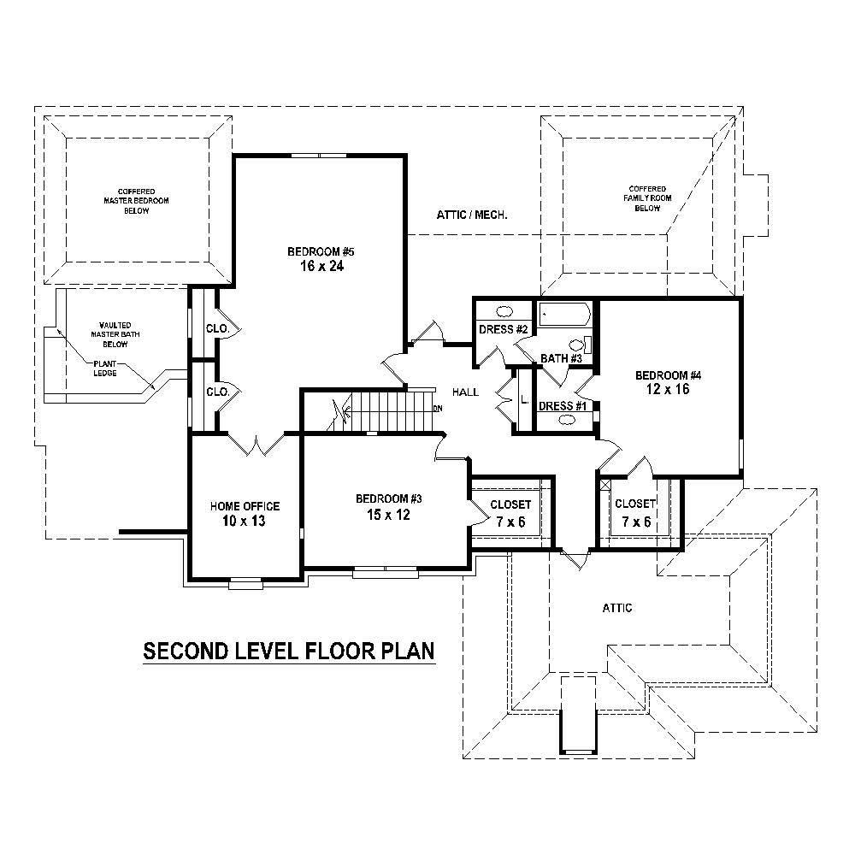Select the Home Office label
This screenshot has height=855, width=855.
[x=245, y=507]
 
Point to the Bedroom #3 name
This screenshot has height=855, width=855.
[x=390, y=499]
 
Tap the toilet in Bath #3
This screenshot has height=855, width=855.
[x=589, y=346]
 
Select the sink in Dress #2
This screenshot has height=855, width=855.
[x=505, y=312]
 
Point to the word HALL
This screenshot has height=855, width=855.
[x=466, y=392]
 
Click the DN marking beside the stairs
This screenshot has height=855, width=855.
[x=438, y=409]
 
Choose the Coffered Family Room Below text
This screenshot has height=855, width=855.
[x=647, y=198]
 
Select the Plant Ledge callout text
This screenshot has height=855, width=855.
[x=107, y=368]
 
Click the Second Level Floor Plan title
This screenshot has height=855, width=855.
[x=289, y=652]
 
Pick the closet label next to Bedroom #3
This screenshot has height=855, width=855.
[x=510, y=504]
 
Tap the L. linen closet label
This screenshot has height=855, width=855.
[x=524, y=400]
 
